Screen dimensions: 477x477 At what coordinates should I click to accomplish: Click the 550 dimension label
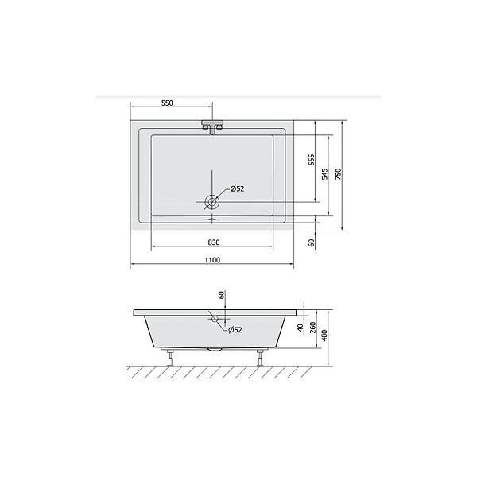[x=167, y=103]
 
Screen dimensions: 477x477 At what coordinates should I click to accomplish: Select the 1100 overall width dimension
[x=212, y=260]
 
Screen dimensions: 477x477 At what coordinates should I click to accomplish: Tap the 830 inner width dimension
[x=214, y=242]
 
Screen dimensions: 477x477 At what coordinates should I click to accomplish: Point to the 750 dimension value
[x=339, y=173]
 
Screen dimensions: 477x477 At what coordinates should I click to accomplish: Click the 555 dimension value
[x=312, y=160]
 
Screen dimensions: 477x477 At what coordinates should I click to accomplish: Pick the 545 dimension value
[x=325, y=173]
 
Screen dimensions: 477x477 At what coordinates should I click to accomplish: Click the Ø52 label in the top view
[x=237, y=189]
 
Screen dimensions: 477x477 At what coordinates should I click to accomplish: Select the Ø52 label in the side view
[x=235, y=329]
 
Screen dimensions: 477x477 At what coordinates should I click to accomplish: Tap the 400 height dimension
[x=324, y=335]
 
